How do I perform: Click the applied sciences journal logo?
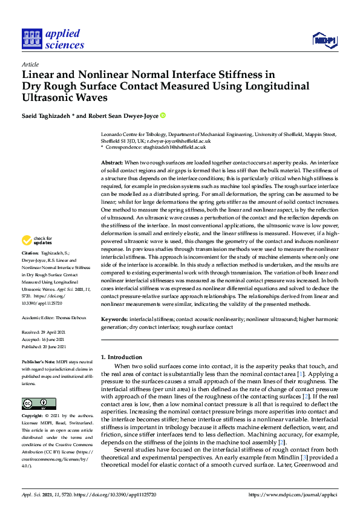[53, 39]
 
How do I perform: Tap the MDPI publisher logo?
[324, 40]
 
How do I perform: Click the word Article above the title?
[30, 65]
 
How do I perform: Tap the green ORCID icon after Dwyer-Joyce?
[163, 115]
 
